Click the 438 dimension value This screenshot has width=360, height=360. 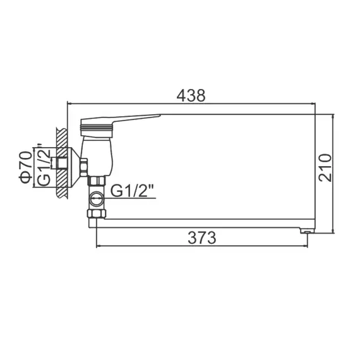pyautogui.click(x=191, y=95)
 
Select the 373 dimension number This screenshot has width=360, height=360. pyautogui.click(x=202, y=238)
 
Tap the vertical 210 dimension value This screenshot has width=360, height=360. pyautogui.click(x=325, y=168)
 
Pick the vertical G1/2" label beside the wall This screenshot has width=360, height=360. pyautogui.click(x=43, y=166)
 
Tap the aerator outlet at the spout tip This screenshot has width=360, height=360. pyautogui.click(x=308, y=232)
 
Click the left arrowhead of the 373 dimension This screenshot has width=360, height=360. pyautogui.click(x=98, y=246)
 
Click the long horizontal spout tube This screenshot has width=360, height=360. pyautogui.click(x=202, y=224)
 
